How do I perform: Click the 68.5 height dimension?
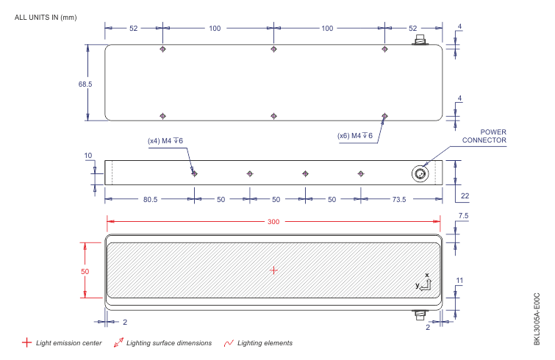[85, 84]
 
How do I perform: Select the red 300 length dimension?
[273, 220]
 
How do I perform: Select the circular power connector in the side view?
[420, 173]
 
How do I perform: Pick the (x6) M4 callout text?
[355, 136]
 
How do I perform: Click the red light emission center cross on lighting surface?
[273, 270]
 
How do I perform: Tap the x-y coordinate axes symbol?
[424, 283]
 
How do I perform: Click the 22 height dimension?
[465, 195]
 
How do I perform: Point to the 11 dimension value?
[460, 281]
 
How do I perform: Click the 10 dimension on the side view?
[89, 156]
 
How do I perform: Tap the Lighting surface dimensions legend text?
[169, 343]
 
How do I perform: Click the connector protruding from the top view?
[422, 40]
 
